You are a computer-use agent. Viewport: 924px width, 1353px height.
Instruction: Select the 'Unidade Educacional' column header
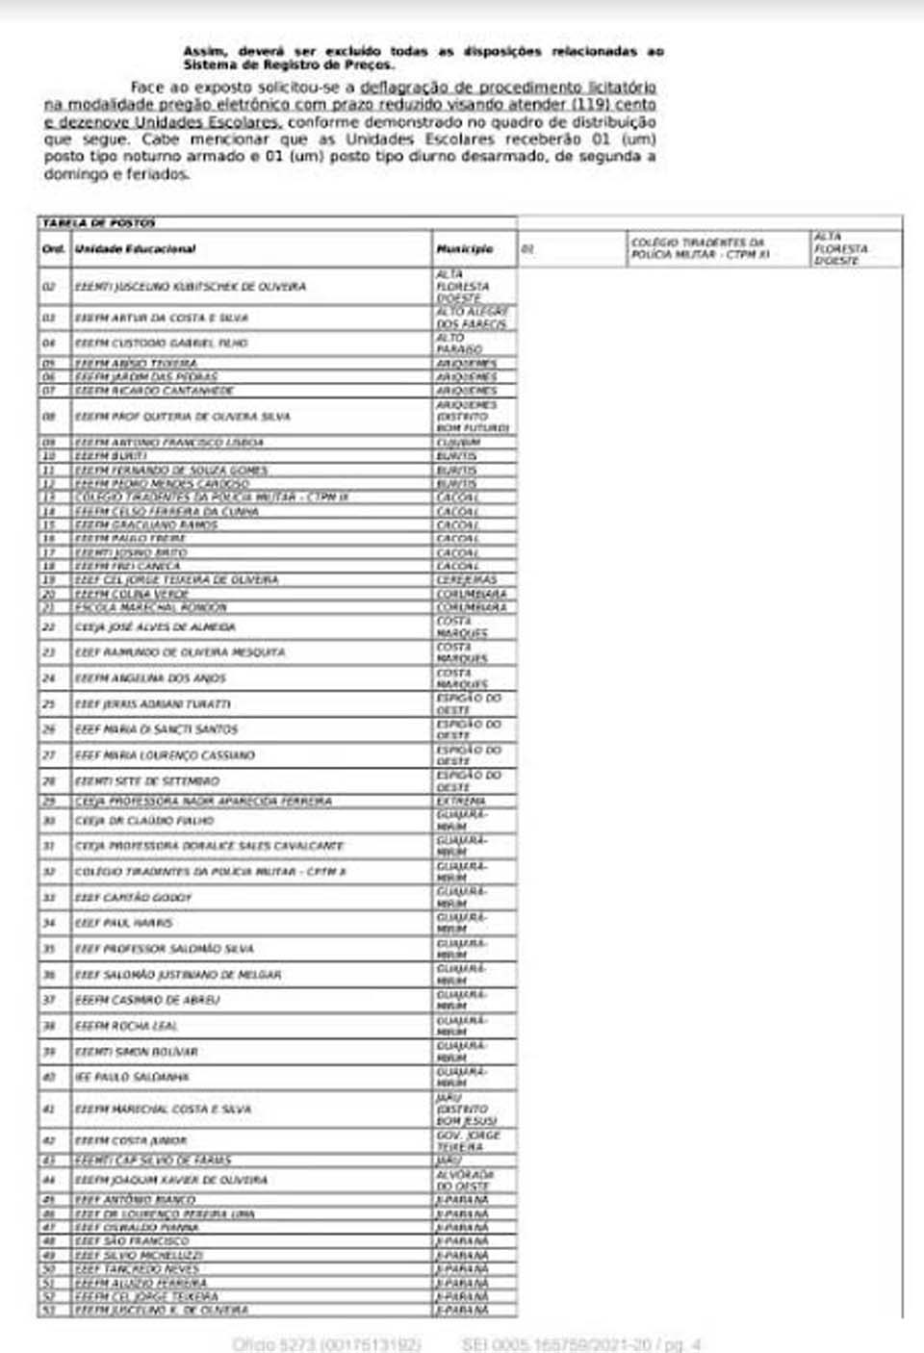pyautogui.click(x=136, y=249)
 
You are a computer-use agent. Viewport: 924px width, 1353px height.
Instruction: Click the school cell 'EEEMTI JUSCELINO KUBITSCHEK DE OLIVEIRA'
pyautogui.click(x=191, y=287)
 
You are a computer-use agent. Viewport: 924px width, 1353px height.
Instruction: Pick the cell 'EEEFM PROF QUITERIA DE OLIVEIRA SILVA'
pyautogui.click(x=183, y=417)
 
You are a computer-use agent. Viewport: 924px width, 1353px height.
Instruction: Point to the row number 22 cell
pyautogui.click(x=50, y=627)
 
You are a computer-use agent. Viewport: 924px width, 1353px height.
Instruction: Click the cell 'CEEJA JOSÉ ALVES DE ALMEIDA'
pyautogui.click(x=156, y=627)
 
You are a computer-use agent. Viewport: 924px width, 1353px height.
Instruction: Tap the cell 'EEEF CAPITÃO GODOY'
pyautogui.click(x=134, y=898)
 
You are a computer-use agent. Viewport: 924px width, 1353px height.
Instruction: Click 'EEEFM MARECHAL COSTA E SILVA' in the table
pyautogui.click(x=164, y=1110)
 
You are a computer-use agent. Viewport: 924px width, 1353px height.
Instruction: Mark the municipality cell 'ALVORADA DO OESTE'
pyautogui.click(x=465, y=1180)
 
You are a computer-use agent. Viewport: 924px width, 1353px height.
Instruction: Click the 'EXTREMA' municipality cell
pyautogui.click(x=461, y=801)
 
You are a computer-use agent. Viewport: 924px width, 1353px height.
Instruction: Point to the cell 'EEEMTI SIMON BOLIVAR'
pyautogui.click(x=137, y=1052)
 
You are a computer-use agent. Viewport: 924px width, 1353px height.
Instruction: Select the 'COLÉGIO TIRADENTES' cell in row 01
pyautogui.click(x=700, y=248)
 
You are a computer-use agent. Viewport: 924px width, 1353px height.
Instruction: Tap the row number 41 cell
pyautogui.click(x=50, y=1110)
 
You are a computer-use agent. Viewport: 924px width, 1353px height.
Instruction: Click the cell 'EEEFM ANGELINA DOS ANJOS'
pyautogui.click(x=151, y=678)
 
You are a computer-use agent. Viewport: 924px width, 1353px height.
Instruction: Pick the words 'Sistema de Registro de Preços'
pyautogui.click(x=288, y=64)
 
